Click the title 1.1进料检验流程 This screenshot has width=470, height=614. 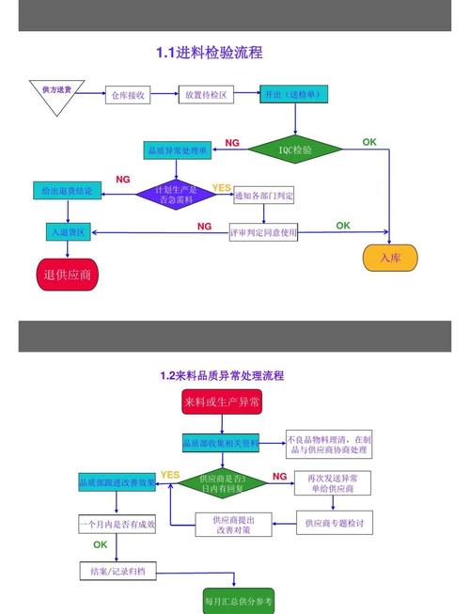coord(209,54)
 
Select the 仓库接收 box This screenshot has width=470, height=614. coord(127,95)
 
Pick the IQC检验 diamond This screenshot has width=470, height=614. coord(295,150)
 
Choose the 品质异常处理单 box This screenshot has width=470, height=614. coord(176,150)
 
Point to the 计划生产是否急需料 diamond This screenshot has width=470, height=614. coord(175,195)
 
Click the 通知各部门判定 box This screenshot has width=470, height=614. coord(263,196)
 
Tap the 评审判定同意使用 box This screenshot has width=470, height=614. coord(263,230)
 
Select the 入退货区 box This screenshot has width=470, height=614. coord(68,231)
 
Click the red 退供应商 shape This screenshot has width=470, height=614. coord(68,275)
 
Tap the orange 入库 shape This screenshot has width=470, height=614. coord(390,257)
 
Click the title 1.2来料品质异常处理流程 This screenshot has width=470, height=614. coord(221,375)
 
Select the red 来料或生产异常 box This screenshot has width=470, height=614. coord(222,402)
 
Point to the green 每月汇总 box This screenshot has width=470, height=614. coord(240,600)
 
